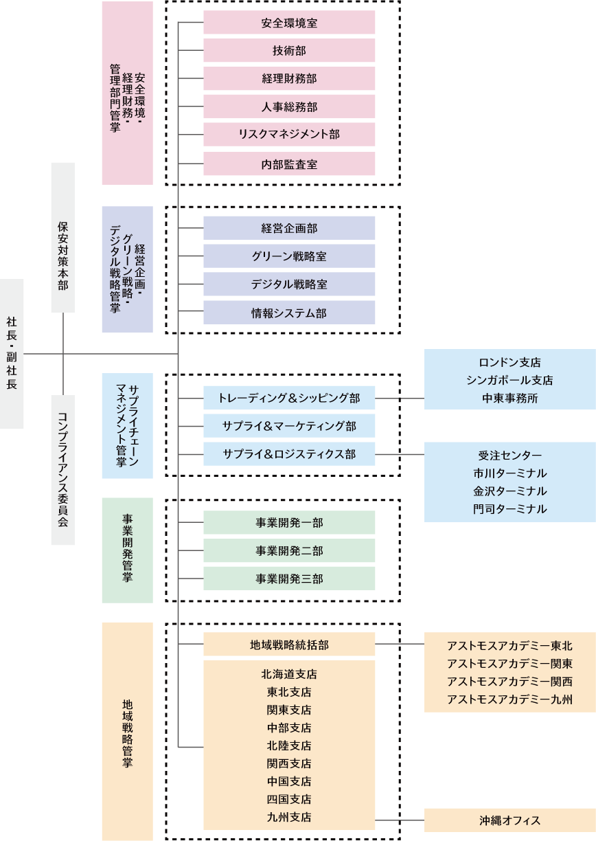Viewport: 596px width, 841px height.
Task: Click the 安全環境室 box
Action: click(x=289, y=23)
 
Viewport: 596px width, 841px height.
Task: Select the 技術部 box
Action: click(x=289, y=51)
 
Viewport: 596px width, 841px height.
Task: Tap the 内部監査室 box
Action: click(x=289, y=164)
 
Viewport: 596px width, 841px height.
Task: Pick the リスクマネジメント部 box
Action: click(x=289, y=135)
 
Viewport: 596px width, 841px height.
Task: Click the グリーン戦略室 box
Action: click(x=289, y=256)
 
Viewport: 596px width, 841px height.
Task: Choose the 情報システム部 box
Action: click(x=289, y=313)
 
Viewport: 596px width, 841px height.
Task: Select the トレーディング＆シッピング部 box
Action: click(x=289, y=398)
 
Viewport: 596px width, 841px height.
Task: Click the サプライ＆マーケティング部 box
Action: click(x=289, y=426)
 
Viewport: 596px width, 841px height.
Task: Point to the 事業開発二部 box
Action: click(x=289, y=550)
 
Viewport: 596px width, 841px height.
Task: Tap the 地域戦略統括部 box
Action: click(x=289, y=644)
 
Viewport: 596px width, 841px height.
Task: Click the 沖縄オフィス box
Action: click(x=509, y=820)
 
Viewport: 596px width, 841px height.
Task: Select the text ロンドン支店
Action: click(x=509, y=362)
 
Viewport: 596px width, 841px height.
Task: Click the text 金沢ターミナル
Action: click(x=509, y=491)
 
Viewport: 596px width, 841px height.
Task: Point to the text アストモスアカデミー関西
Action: click(x=509, y=681)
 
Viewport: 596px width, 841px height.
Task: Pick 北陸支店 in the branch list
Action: click(x=289, y=745)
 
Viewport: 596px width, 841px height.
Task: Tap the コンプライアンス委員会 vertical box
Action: click(x=63, y=470)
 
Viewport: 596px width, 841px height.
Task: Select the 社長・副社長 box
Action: click(x=12, y=353)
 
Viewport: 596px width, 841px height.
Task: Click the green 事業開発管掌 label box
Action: click(x=127, y=550)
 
